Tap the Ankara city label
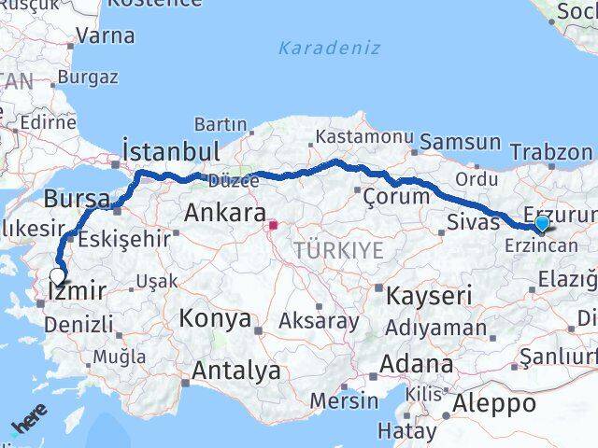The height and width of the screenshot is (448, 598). coord(224,212)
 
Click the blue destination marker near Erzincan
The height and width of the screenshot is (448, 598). coord(542,224)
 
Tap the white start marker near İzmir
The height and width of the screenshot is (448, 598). coord(58,275)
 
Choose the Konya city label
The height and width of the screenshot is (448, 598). coord(216,318)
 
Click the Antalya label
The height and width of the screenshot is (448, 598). coord(235,371)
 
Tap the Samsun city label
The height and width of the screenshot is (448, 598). coord(460,142)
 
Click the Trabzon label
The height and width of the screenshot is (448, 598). coord(551,152)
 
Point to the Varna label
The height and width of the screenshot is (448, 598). coord(106,35)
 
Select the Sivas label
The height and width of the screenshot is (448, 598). coord(468,222)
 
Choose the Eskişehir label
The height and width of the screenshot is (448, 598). coord(124,238)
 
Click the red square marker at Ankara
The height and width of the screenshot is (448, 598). coord(274,225)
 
